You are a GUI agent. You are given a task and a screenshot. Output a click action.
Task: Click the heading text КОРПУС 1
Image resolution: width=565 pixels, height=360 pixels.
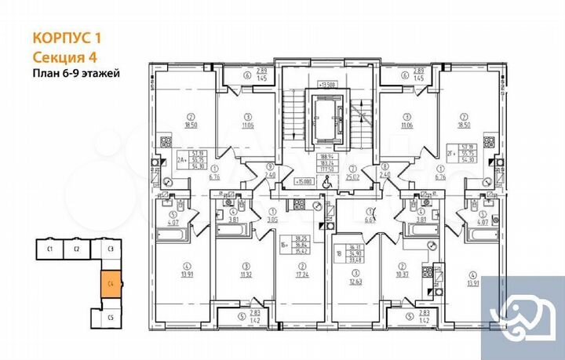coord(67,36)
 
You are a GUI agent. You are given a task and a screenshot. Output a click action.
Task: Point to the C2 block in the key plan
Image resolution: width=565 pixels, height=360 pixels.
coord(79,251)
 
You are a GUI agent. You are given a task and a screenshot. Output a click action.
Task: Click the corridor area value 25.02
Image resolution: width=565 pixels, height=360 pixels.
coord(353,176)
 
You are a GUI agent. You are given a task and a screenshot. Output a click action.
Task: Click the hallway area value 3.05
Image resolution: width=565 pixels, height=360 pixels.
coord(272,221)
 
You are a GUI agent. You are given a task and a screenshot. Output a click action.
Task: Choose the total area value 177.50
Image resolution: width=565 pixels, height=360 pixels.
coord(328,157)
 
